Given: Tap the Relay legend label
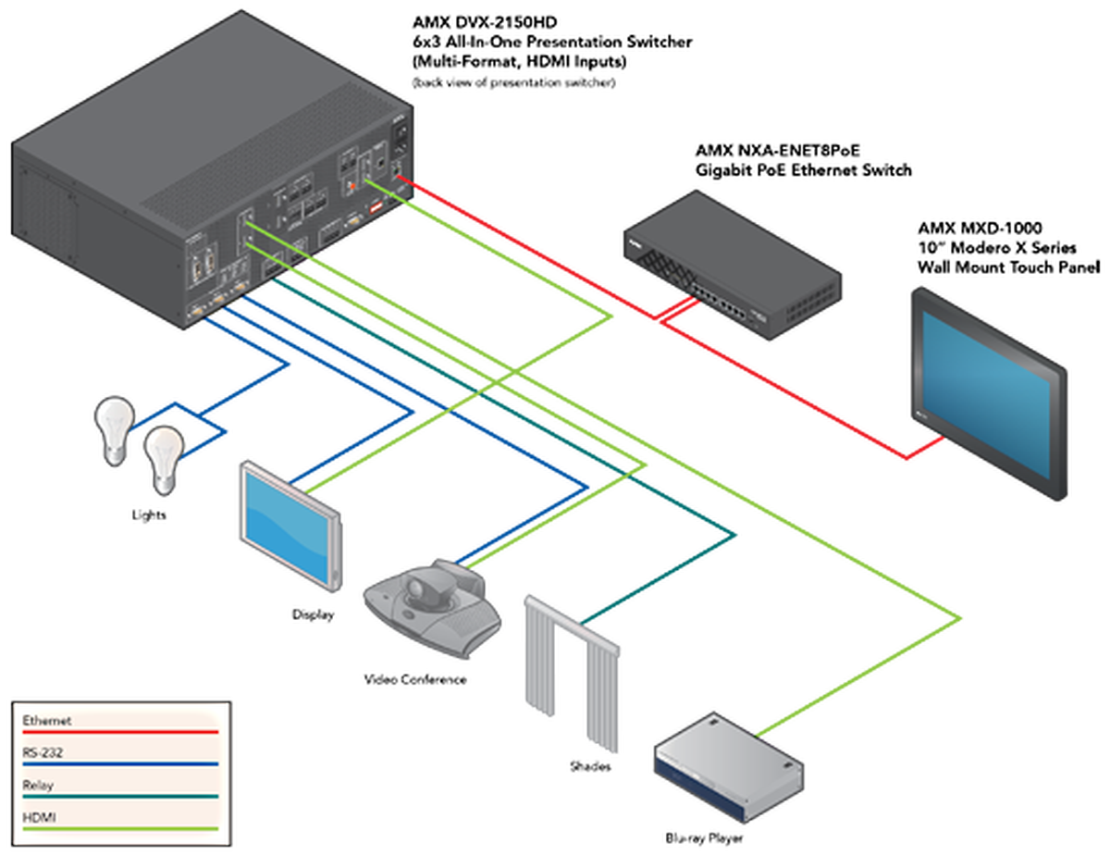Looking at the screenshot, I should [x=38, y=786].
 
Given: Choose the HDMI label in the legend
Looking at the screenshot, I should [x=39, y=818].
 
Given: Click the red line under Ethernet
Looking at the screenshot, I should [x=120, y=732].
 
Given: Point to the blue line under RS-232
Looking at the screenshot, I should [x=120, y=764].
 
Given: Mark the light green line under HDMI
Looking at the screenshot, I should [x=120, y=829].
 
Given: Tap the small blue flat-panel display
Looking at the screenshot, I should [x=290, y=522].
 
